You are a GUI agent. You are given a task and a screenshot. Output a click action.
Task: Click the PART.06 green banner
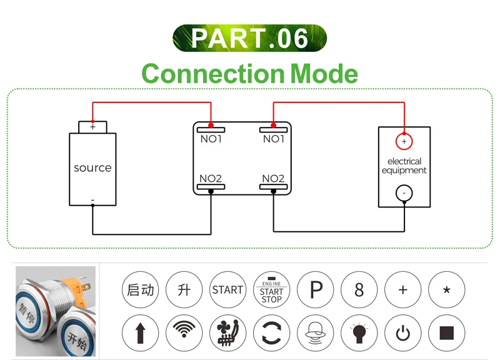click(x=249, y=38)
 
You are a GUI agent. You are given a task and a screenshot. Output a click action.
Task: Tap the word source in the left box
click(x=92, y=168)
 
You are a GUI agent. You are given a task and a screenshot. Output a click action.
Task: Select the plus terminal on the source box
click(x=92, y=127)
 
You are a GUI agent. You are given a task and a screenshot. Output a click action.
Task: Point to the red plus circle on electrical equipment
click(x=404, y=142)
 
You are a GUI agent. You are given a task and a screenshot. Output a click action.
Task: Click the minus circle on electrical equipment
click(x=404, y=194)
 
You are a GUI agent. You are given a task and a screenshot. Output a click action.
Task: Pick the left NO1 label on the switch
click(x=211, y=139)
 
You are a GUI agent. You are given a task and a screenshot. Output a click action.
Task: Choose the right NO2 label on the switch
click(x=273, y=179)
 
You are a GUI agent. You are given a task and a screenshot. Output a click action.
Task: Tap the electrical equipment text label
click(x=404, y=166)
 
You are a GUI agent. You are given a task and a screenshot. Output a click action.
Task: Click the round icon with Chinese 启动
click(x=140, y=290)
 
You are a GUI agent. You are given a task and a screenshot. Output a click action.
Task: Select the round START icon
click(x=227, y=290)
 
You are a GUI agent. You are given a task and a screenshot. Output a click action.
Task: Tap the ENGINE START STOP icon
click(x=271, y=290)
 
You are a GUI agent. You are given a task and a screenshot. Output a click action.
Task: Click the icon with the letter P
click(x=316, y=290)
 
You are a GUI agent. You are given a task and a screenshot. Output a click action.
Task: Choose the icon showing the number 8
click(x=359, y=290)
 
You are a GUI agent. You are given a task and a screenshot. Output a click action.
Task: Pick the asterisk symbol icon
click(x=446, y=290)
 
